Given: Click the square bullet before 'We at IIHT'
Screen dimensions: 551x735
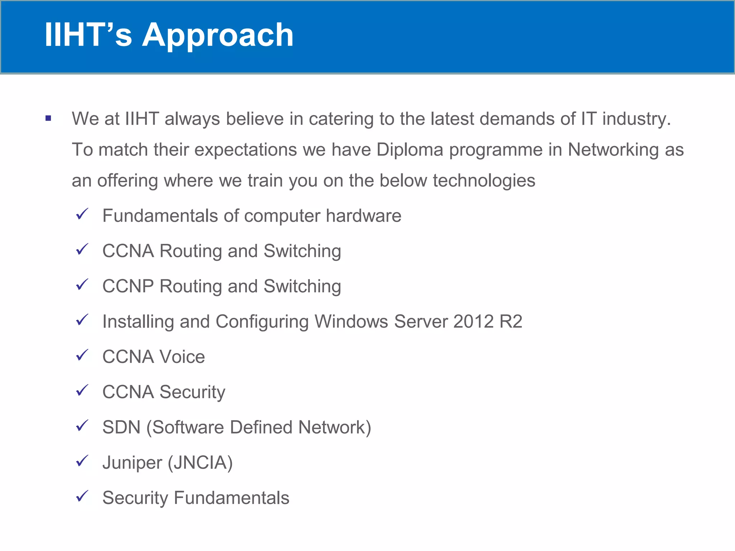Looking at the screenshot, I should coord(48,118).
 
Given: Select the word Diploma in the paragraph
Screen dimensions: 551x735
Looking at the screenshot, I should coord(410,150).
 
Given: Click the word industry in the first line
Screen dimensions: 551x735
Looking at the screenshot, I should coord(636,119).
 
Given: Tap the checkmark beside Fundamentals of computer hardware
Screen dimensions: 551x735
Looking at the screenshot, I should coord(82,214).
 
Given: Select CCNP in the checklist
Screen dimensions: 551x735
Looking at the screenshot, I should coord(128,286).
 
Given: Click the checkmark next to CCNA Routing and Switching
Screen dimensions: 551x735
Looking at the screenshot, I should coord(82,249).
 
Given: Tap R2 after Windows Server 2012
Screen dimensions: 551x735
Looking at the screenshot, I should coord(511,321).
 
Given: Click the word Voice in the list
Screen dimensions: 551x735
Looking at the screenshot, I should coord(182,357).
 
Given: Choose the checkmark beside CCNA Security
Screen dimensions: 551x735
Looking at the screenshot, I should coord(82,390).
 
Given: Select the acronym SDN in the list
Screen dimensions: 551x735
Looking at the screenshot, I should coord(121,427).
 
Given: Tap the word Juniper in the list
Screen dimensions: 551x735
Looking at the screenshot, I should coord(132,463).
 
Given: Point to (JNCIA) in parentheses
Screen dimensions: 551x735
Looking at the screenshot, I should coord(200,463).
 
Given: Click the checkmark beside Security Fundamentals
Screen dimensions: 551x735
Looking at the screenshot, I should coord(82,496).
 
